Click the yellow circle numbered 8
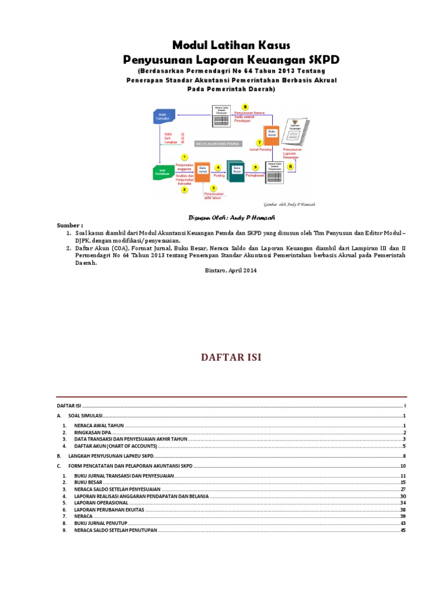[x=245, y=108]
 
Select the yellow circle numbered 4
[x=218, y=168]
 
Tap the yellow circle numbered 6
[x=290, y=166]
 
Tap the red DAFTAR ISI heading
[x=231, y=357]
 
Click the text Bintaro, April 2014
[x=231, y=270]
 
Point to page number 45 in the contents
[x=404, y=531]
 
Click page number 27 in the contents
[x=404, y=489]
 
